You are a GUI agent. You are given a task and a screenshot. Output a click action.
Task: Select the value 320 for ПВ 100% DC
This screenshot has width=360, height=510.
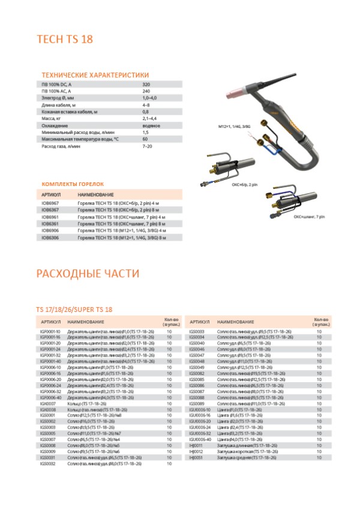pos(146,85)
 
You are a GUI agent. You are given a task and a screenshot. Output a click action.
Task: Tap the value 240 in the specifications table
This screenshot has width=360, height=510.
pos(146,92)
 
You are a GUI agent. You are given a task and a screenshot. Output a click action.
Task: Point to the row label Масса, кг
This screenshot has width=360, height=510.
pos(53,119)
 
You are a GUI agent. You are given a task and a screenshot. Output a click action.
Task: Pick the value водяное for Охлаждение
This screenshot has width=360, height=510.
pos(151,125)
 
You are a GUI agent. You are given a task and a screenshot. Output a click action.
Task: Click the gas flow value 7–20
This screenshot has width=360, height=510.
pos(148,146)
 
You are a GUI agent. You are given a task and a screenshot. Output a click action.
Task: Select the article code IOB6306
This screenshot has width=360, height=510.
pos(50,238)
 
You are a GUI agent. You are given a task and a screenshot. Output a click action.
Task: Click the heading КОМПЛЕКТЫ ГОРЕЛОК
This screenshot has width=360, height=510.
pos(73,185)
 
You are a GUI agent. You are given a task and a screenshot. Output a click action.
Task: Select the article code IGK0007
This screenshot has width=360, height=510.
pos(47,405)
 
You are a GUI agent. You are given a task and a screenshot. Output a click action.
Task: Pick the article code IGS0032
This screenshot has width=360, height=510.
pos(47,464)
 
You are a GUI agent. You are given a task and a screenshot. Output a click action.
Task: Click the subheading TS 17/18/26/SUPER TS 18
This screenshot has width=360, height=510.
pos(74,309)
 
